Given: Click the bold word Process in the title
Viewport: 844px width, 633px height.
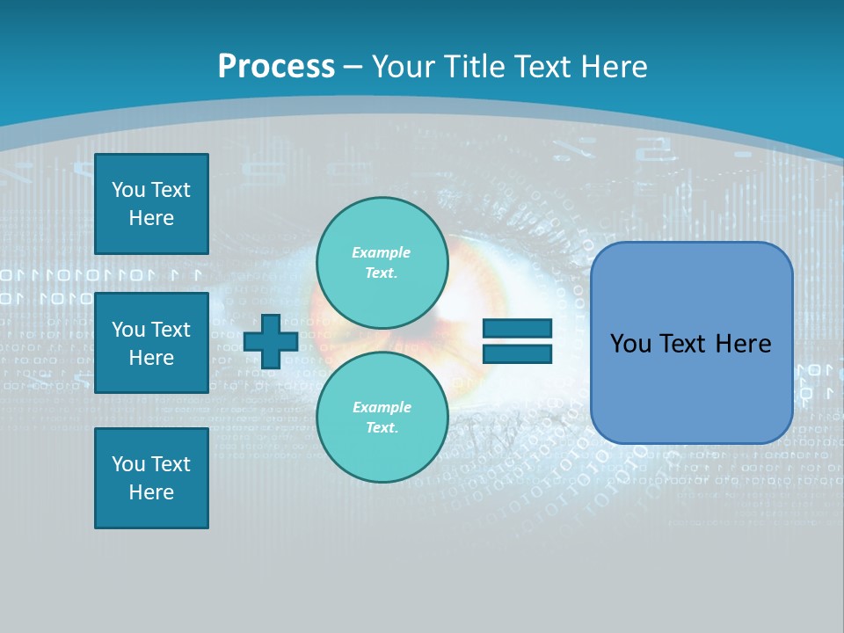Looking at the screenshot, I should pos(276,66).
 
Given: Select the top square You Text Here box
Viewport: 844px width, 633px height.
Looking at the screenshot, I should pos(151,204).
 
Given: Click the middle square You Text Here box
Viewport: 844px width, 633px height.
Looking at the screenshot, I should pos(151,343).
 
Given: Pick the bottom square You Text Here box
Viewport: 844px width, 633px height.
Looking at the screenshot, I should pos(151,478).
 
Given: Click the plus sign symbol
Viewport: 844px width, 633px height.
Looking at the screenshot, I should pos(271,342).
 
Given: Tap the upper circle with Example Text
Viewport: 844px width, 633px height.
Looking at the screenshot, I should pos(382,262).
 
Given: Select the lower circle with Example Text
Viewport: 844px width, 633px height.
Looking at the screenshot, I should pos(382,417).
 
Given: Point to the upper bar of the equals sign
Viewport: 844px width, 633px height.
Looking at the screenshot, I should pos(517,329).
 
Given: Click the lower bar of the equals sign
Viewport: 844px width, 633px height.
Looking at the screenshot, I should pos(517,353).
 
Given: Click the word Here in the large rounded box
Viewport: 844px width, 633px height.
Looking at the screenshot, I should pos(743,343).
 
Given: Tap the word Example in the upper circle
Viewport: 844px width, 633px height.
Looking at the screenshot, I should pos(382,252).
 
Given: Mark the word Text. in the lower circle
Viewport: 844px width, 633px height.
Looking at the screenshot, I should pos(382,427).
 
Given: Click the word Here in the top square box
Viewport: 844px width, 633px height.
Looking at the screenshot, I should pos(151,218).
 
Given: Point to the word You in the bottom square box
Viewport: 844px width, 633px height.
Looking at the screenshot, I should pos(128,464).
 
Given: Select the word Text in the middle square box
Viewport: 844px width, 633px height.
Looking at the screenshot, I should pos(171,330).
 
